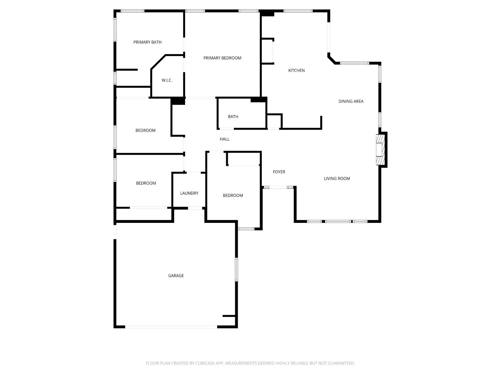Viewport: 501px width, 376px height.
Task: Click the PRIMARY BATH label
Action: click(x=147, y=42)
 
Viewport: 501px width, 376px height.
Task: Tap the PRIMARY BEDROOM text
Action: click(x=222, y=58)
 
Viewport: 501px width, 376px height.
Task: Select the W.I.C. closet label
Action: click(x=167, y=80)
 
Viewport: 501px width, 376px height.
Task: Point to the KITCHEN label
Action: click(x=296, y=71)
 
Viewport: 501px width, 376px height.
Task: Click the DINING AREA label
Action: click(x=351, y=101)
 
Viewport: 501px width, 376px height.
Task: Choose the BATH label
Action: click(x=233, y=117)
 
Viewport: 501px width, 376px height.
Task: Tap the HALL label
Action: click(x=224, y=139)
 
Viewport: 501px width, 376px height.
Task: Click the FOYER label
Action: click(x=279, y=172)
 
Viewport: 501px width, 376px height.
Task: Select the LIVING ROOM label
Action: click(x=337, y=178)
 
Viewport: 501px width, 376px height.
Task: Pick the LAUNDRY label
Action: click(x=189, y=193)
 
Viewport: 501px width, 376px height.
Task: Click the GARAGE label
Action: click(x=176, y=275)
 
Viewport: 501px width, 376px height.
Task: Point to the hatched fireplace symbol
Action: click(x=380, y=149)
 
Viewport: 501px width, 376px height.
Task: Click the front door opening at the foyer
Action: click(x=278, y=187)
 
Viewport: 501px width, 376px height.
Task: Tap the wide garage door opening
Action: click(x=171, y=327)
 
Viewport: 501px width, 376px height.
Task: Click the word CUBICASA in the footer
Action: click(x=204, y=363)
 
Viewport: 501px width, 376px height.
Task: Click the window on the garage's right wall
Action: click(x=236, y=269)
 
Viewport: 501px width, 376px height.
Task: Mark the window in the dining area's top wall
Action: click(x=354, y=63)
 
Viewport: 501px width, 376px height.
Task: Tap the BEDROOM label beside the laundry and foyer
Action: click(x=233, y=196)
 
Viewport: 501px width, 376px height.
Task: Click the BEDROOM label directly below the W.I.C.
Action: click(x=145, y=130)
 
